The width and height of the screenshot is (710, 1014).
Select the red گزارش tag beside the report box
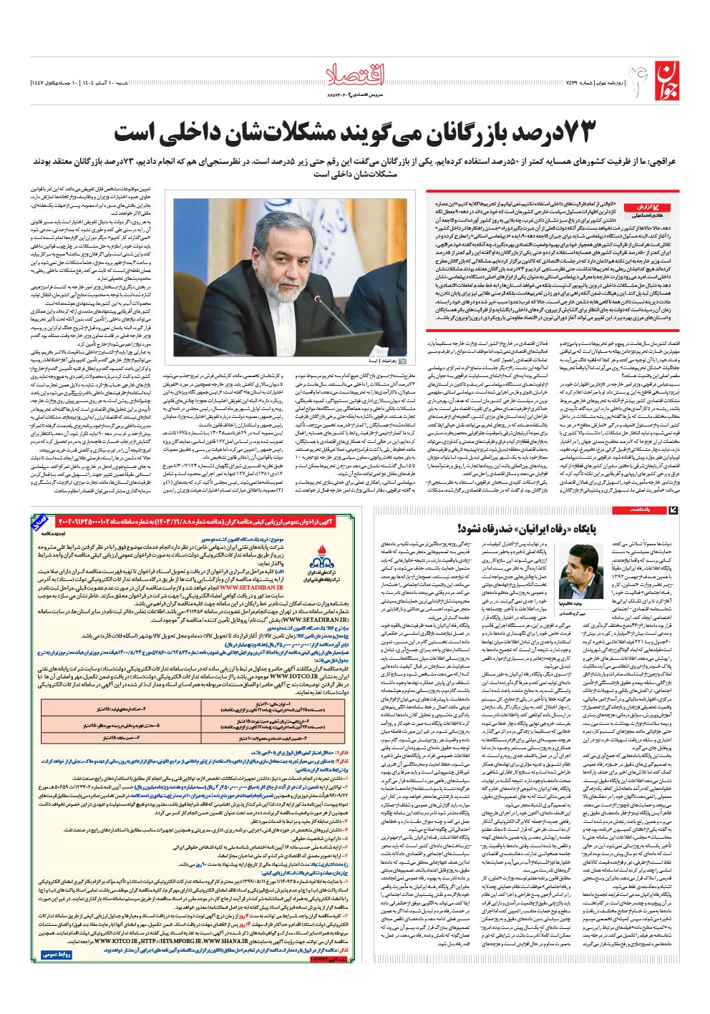click(x=642, y=206)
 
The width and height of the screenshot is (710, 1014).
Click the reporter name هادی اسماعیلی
click(x=642, y=215)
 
